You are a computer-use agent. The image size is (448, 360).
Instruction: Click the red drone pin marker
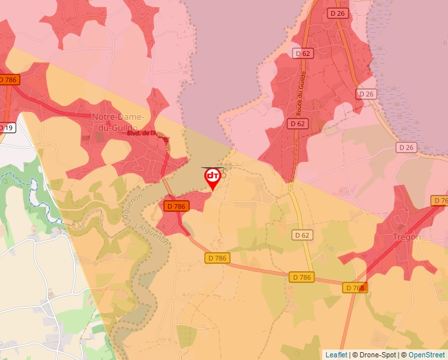(213, 177)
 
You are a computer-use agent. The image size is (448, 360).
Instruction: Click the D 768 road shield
(354, 288)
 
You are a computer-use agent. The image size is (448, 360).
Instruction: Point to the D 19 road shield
(6, 128)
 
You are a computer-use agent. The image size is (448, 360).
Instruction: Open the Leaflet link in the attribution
(336, 355)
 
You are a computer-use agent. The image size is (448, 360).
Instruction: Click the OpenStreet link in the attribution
(426, 355)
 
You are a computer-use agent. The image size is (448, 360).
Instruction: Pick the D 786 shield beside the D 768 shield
(300, 277)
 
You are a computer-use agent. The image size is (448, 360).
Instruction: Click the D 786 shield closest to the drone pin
(177, 206)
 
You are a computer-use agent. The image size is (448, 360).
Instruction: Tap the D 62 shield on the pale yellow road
(302, 235)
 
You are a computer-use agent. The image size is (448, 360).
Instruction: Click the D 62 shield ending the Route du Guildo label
(298, 123)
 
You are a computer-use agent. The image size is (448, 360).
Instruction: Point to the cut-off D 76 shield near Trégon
(440, 200)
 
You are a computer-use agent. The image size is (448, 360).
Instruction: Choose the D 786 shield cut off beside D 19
(8, 80)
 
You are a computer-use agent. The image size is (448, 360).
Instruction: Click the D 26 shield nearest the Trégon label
(407, 147)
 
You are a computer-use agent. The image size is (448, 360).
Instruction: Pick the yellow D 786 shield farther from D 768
(216, 258)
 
